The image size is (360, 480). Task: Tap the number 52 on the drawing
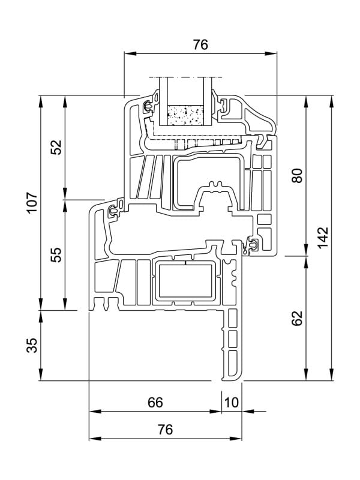56,147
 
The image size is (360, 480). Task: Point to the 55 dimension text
56,254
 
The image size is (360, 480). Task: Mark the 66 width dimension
155,403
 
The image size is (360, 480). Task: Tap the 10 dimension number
231,403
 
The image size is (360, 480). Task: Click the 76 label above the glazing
200,45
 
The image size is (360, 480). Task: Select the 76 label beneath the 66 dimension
165,430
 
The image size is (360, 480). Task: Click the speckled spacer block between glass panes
186,115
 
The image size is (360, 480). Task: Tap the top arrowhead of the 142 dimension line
331,100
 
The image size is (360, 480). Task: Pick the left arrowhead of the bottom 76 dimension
94,439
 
